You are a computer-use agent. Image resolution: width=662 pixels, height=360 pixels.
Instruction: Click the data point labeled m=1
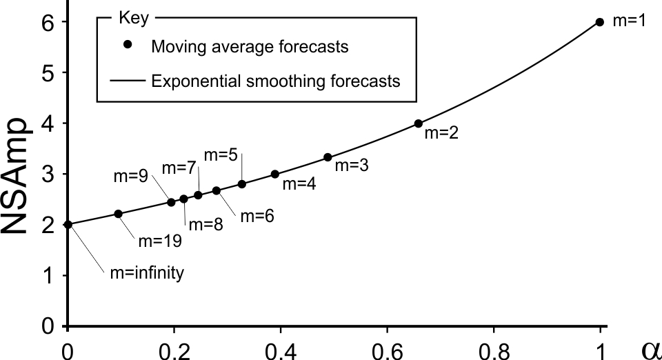coord(599,22)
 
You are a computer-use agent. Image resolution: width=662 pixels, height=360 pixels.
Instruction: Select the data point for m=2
coord(418,123)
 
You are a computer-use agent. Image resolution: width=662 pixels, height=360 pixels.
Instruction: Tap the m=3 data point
coord(328,157)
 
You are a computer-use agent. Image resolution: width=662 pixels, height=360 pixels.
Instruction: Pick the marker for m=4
coord(274,174)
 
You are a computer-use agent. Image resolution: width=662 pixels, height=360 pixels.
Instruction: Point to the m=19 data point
coord(118,214)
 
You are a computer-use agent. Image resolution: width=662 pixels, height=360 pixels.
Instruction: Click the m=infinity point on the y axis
coord(67,224)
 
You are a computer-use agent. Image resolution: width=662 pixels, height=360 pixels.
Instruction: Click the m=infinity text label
coord(147,273)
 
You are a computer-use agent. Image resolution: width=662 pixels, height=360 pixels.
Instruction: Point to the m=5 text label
coord(225,154)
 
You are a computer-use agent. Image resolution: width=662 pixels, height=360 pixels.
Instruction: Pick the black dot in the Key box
coord(128,45)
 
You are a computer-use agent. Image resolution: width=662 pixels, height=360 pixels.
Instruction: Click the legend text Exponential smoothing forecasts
coord(274,81)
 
